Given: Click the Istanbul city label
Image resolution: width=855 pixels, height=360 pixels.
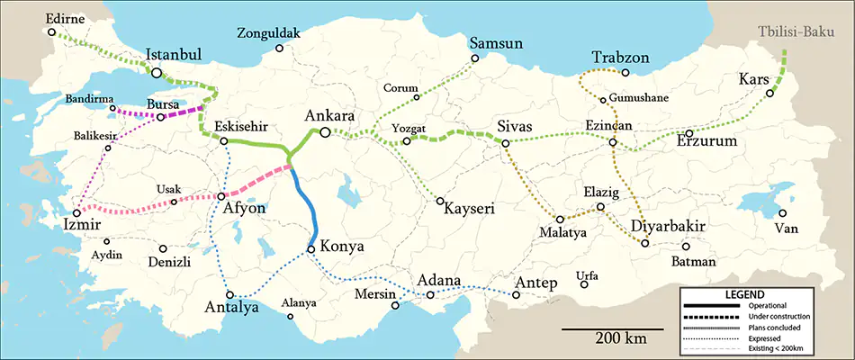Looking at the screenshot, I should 175,55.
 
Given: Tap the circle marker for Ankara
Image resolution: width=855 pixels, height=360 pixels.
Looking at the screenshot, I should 325,132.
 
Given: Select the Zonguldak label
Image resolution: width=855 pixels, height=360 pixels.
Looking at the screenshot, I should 267,34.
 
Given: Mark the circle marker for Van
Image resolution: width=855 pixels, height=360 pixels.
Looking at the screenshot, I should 782,213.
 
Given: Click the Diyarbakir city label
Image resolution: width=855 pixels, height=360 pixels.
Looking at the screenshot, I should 667,225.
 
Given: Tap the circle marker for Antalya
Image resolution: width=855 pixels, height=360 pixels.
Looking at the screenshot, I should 231,294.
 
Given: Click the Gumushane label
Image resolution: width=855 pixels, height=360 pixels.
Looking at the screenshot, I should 639,97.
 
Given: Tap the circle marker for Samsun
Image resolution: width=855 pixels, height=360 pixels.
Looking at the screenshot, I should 475,59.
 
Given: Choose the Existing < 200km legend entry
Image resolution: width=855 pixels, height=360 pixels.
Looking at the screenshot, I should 778,349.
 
